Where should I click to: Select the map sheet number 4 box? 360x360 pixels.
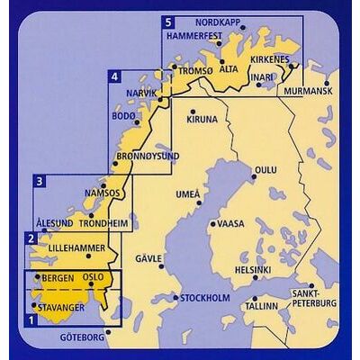click(x=114, y=78)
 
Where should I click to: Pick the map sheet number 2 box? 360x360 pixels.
click(x=31, y=238)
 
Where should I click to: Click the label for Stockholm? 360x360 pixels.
click(x=207, y=298)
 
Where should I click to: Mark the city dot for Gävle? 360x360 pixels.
click(x=161, y=267)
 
